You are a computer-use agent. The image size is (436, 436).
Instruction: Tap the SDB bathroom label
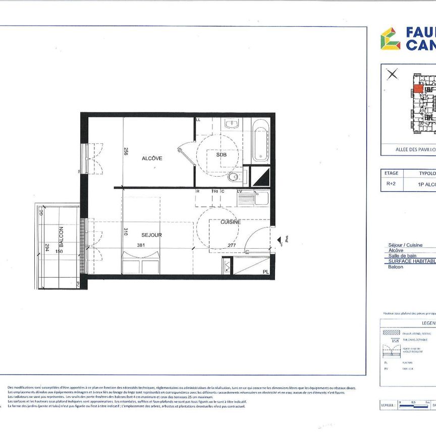click(222, 155)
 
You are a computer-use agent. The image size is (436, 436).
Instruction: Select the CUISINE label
click(230, 222)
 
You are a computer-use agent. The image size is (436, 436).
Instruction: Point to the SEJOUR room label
click(151, 235)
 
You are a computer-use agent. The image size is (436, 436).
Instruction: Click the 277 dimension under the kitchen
click(232, 246)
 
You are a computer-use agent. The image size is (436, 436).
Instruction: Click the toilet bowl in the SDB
click(234, 177)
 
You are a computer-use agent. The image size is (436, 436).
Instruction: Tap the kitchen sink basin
click(261, 198)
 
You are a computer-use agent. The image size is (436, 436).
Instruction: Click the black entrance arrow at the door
click(280, 242)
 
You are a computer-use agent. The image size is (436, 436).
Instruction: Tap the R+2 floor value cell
click(391, 184)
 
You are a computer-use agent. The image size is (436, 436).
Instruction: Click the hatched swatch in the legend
click(391, 334)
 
